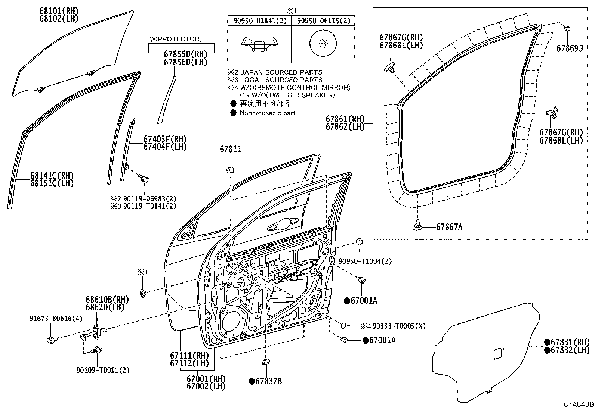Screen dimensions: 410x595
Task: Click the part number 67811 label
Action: click(231, 150)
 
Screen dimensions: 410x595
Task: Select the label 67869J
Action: click(569, 48)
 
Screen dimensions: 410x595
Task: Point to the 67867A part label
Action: click(449, 227)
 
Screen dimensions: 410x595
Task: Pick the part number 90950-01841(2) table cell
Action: click(259, 21)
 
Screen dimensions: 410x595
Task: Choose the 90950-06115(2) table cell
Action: click(323, 21)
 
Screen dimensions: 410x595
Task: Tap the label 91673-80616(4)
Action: click(56, 319)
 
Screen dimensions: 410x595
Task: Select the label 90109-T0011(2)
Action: click(102, 370)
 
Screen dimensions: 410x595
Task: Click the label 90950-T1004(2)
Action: click(365, 261)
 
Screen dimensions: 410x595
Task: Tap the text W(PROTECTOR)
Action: click(176, 39)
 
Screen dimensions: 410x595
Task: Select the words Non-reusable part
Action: click(268, 113)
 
